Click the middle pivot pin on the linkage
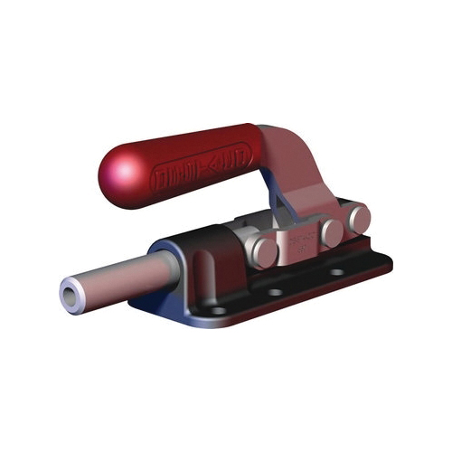point(332,231)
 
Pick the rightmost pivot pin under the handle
point(359,216)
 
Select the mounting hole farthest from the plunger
point(336,271)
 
